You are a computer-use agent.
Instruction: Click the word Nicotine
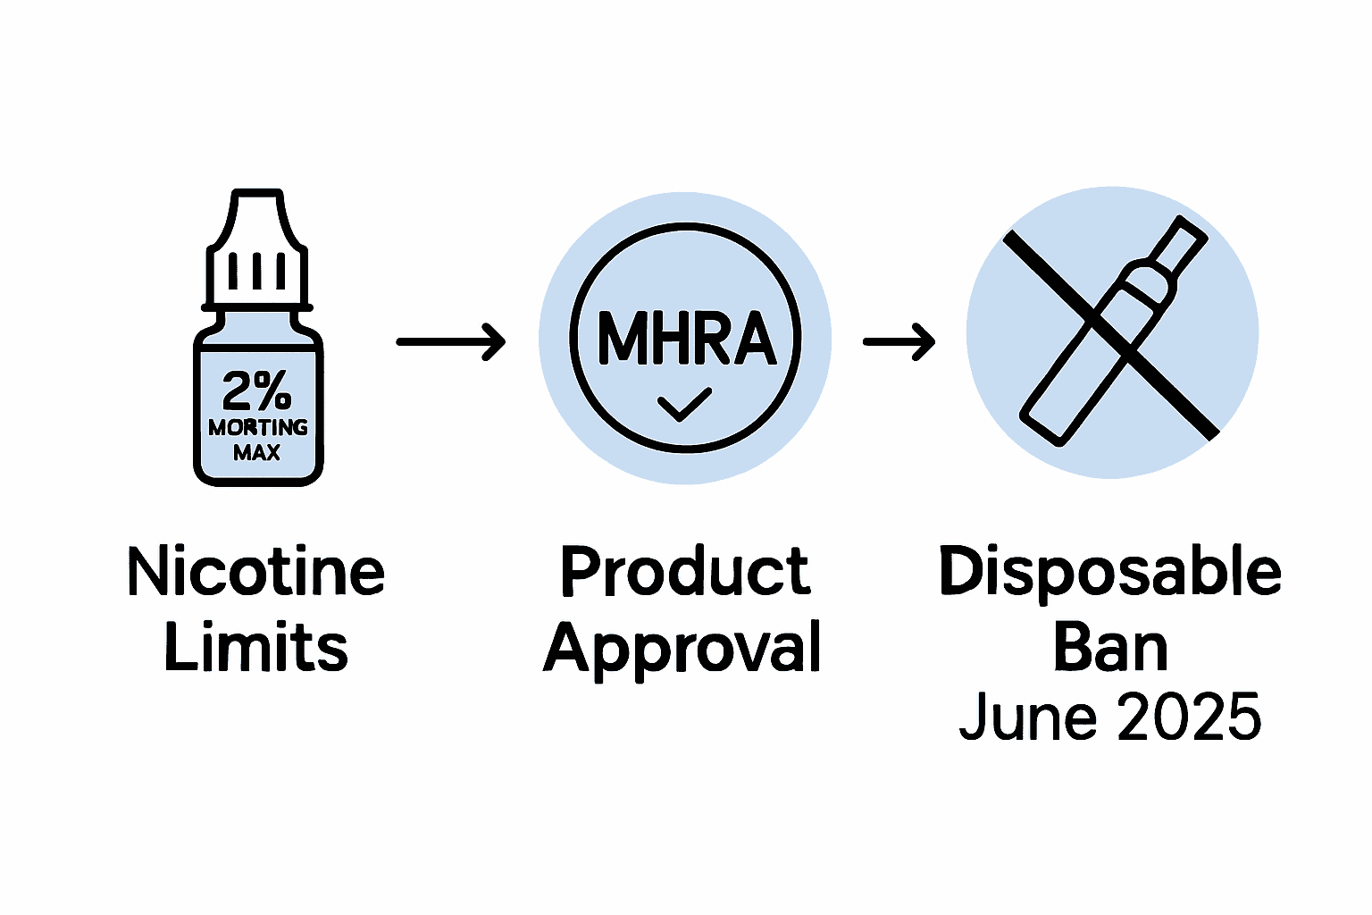point(256,573)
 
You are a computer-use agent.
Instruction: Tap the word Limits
point(256,648)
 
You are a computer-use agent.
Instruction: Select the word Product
point(685,573)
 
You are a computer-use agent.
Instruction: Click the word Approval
point(683,650)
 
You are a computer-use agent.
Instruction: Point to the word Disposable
point(1110,573)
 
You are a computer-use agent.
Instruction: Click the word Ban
point(1110,648)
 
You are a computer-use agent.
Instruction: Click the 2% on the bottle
point(257,390)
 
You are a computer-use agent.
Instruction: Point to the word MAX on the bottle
point(257,453)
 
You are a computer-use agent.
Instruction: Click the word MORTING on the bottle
point(258,428)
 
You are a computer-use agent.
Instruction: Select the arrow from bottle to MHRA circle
point(450,341)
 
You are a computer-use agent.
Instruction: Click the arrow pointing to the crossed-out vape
point(899,341)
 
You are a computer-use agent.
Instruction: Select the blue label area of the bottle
point(257,420)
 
